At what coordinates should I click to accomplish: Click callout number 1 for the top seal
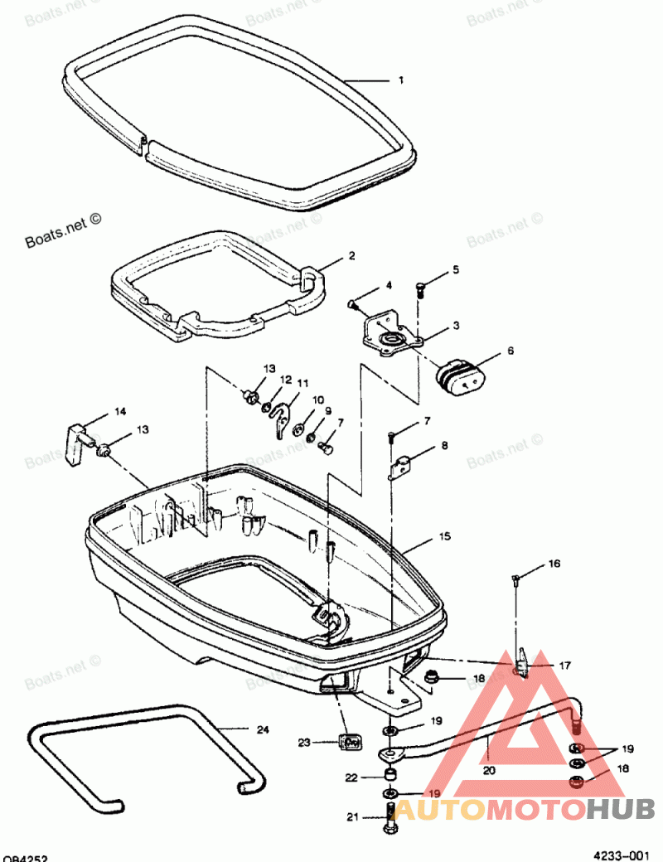401,80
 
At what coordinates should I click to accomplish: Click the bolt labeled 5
420,290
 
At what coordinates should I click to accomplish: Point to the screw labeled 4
354,304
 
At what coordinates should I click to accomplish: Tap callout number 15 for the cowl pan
444,537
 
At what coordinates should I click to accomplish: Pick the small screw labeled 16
516,579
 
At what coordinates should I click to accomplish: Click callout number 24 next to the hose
262,729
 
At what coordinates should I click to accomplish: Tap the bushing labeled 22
389,776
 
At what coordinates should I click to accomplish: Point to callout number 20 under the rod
488,769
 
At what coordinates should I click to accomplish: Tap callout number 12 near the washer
285,380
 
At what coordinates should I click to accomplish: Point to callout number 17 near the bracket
564,665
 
